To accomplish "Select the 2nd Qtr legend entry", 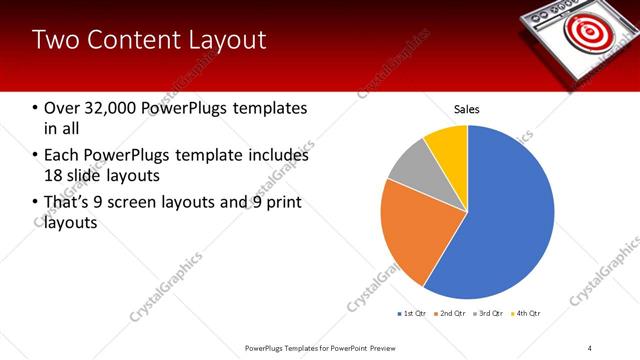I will [x=451, y=314].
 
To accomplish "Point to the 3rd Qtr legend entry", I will [x=489, y=314].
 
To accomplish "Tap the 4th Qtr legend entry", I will [x=527, y=314].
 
